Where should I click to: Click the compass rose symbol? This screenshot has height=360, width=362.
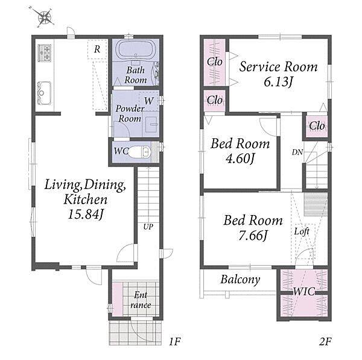(44, 17)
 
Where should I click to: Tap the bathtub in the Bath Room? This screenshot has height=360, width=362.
(135, 49)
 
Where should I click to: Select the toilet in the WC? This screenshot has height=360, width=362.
(139, 152)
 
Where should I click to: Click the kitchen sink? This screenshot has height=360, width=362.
(44, 93)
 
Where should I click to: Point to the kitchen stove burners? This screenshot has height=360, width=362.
(44, 53)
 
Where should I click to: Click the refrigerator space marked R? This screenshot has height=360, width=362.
(97, 49)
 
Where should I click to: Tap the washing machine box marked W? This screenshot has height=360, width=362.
(148, 101)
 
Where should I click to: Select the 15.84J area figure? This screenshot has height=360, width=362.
(86, 214)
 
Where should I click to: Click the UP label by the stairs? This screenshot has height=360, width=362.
(148, 227)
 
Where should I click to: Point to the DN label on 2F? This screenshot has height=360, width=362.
(297, 152)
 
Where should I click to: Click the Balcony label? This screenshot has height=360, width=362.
(240, 280)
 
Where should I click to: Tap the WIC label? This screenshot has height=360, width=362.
(304, 292)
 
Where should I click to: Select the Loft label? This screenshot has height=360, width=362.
(302, 231)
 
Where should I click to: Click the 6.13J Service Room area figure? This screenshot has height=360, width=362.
(279, 82)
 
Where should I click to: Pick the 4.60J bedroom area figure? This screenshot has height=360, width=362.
(240, 158)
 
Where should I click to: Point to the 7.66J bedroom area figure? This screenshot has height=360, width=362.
(253, 236)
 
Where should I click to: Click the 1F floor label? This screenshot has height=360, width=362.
(174, 341)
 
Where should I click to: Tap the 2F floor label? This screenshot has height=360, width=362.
(325, 341)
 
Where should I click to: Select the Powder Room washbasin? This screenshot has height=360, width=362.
(151, 124)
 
